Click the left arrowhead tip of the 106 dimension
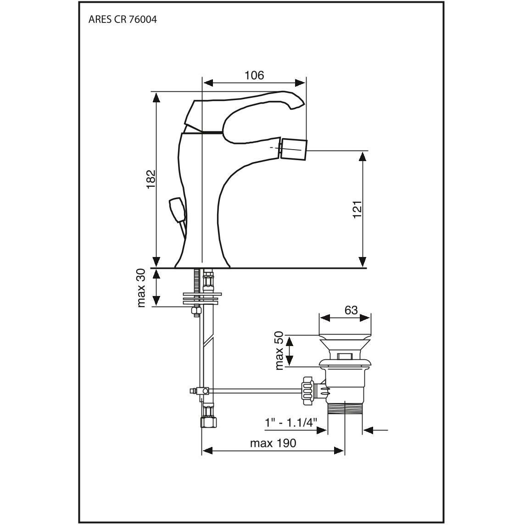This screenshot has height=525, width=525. pyautogui.click(x=204, y=83)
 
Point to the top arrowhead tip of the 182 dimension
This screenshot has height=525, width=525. pyautogui.click(x=156, y=92)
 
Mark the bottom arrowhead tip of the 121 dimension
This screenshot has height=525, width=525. pyautogui.click(x=362, y=267)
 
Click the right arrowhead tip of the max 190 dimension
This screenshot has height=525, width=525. pyautogui.click(x=344, y=451)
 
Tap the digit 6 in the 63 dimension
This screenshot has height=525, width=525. pyautogui.click(x=348, y=310)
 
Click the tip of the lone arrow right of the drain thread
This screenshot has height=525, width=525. pyautogui.click(x=363, y=430)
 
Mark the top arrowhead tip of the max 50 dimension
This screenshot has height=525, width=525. pyautogui.click(x=290, y=336)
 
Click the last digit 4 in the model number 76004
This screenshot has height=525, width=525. pyautogui.click(x=153, y=19)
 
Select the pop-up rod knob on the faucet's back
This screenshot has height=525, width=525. pyautogui.click(x=177, y=210)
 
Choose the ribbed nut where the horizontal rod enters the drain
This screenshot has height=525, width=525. pyautogui.click(x=307, y=390)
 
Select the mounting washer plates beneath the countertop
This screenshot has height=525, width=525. pyautogui.click(x=202, y=298)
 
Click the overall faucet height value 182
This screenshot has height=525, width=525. pyautogui.click(x=151, y=179)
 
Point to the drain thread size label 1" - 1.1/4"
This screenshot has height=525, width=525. pyautogui.click(x=290, y=423)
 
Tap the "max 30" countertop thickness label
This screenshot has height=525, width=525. pyautogui.click(x=142, y=288)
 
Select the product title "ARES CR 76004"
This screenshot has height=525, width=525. pyautogui.click(x=123, y=19)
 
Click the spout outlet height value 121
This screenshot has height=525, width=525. pyautogui.click(x=357, y=209)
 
